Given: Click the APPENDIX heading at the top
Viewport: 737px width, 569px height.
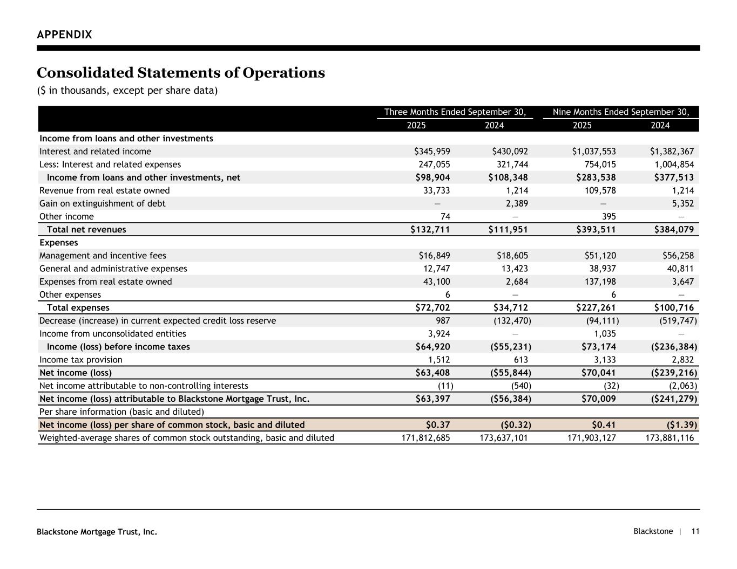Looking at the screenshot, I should tap(64, 35).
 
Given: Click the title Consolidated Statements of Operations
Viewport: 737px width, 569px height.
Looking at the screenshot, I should tap(181, 73).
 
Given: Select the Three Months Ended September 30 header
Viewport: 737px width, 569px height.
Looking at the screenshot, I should tap(455, 112).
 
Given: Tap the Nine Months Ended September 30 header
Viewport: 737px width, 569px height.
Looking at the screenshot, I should tap(621, 112).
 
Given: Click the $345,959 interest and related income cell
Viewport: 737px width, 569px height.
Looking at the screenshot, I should tap(432, 152).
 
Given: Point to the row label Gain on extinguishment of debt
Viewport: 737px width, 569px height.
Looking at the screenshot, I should tap(103, 203).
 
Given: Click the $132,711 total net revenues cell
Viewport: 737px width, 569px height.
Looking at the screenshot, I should tap(430, 230).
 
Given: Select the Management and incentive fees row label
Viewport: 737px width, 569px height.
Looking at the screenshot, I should tap(103, 256).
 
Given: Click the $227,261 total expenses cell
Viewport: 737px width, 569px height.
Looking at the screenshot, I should tap(596, 308).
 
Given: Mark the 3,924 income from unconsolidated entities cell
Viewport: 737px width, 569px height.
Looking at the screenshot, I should tap(438, 334).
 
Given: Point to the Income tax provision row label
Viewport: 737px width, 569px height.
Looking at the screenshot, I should tap(81, 360).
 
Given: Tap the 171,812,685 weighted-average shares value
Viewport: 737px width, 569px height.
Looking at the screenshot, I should tap(425, 438).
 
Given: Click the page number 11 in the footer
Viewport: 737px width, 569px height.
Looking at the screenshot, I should tap(695, 531).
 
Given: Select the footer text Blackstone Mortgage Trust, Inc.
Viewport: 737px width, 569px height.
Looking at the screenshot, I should tap(97, 532).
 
